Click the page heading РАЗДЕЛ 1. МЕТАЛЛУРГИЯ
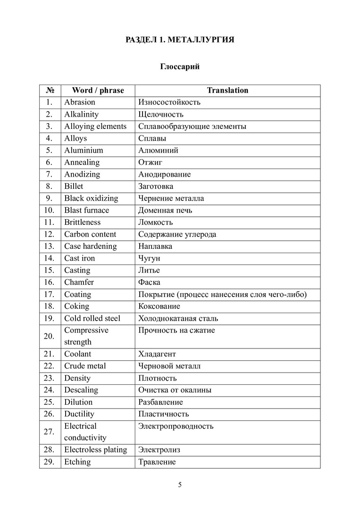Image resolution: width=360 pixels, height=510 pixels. (180, 40)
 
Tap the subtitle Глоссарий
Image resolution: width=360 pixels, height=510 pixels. (180, 67)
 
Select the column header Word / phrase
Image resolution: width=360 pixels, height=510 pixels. (98, 90)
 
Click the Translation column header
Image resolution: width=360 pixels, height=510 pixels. (227, 90)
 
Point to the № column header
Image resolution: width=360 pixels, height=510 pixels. (50, 90)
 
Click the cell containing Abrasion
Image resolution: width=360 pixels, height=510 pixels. (80, 102)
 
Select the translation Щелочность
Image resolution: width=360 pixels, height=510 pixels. (161, 114)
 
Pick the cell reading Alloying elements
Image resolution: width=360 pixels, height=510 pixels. (95, 126)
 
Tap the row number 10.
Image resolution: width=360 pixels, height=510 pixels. (50, 210)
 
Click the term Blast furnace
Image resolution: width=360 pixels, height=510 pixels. (86, 210)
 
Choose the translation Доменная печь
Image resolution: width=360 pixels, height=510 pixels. (165, 210)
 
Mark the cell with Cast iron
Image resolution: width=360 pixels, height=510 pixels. (79, 258)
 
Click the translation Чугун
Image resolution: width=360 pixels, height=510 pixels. (149, 258)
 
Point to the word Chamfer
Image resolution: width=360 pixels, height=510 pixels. (79, 282)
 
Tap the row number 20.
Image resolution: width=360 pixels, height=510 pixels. (50, 336)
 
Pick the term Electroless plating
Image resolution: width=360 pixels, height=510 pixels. (95, 450)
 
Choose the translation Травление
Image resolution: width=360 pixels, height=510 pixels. (157, 462)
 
